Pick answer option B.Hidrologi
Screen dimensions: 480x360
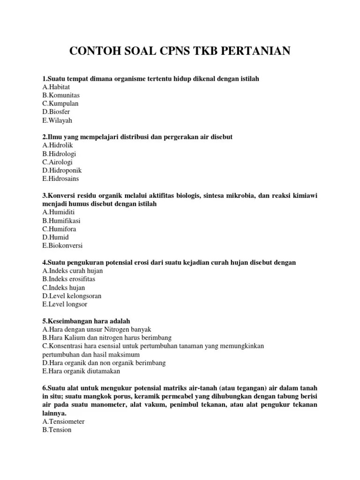[x=59, y=154]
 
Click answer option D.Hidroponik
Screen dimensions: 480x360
[x=62, y=171]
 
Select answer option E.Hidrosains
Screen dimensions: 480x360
[x=60, y=179]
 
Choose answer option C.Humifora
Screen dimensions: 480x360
[x=59, y=229]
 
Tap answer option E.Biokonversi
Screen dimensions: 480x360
[x=62, y=246]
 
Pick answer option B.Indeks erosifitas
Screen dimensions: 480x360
[x=69, y=279]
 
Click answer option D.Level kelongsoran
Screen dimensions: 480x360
[x=72, y=296]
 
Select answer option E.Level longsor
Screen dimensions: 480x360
[x=65, y=304]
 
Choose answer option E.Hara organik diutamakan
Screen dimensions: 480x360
[x=81, y=371]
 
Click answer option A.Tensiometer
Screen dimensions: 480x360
[x=63, y=421]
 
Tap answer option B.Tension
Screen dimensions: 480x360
[x=57, y=430]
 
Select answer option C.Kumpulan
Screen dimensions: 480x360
[x=60, y=104]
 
